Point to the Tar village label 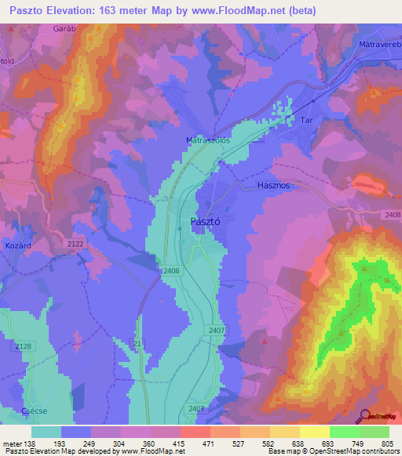[308, 121]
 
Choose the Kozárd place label [16, 246]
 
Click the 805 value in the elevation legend [385, 443]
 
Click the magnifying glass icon [364, 415]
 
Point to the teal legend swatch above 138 [46, 432]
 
